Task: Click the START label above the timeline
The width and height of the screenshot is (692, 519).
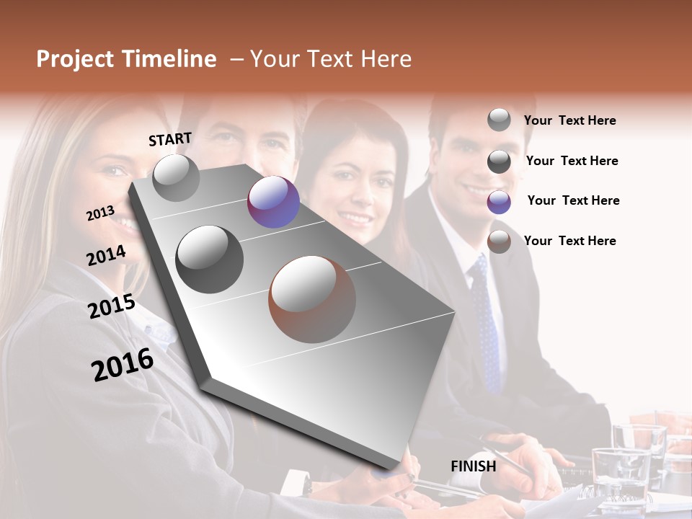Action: point(170,139)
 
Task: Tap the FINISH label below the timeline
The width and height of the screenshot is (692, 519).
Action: point(474,466)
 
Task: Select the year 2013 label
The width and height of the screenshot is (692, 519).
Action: point(100,213)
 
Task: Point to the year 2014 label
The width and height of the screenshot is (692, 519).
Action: point(106,255)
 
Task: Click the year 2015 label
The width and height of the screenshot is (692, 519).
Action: point(112,306)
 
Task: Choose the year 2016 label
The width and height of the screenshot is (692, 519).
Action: point(123,364)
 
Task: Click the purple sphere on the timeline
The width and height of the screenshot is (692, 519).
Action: point(273,202)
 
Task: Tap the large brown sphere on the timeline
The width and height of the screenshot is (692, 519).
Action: point(312,299)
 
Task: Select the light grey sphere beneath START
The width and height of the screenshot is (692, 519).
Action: point(176,178)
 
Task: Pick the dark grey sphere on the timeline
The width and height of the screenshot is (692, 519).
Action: point(210,259)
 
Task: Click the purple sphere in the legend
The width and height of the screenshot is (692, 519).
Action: point(499,202)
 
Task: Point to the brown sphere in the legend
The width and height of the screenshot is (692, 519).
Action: point(499,242)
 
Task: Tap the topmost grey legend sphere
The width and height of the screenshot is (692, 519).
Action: point(499,120)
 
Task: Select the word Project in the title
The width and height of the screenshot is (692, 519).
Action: point(74,59)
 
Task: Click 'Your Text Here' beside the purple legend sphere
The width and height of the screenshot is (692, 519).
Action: point(573,200)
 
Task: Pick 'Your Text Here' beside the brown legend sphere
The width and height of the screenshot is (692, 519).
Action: point(569,241)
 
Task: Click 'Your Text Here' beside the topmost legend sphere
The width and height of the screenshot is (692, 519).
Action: point(569,120)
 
